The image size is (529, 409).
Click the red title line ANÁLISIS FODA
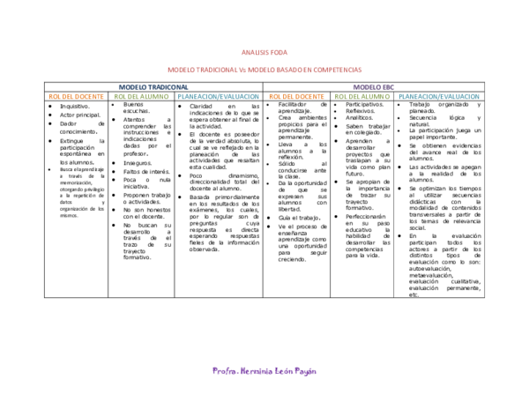[x=264, y=53]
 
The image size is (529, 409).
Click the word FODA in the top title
[x=279, y=53]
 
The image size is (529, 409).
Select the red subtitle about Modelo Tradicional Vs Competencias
[x=264, y=70]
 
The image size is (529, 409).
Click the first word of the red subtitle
[x=180, y=70]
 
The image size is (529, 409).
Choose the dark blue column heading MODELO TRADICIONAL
[x=153, y=87]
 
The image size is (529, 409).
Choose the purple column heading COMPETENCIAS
[x=374, y=87]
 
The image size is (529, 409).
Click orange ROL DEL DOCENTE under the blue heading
[x=76, y=96]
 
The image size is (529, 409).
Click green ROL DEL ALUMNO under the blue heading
[x=142, y=96]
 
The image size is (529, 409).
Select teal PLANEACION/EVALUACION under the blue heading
[x=219, y=96]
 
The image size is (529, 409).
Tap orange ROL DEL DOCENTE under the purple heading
[x=296, y=96]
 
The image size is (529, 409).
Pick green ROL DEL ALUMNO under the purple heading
[x=362, y=96]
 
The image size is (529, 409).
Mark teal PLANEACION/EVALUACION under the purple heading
[x=439, y=96]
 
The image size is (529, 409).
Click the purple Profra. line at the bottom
[x=264, y=371]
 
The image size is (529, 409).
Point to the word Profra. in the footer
[x=224, y=371]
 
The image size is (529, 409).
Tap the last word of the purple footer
[x=305, y=371]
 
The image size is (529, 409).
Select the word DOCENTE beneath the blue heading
[x=89, y=96]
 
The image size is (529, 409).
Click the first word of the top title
[x=254, y=53]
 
